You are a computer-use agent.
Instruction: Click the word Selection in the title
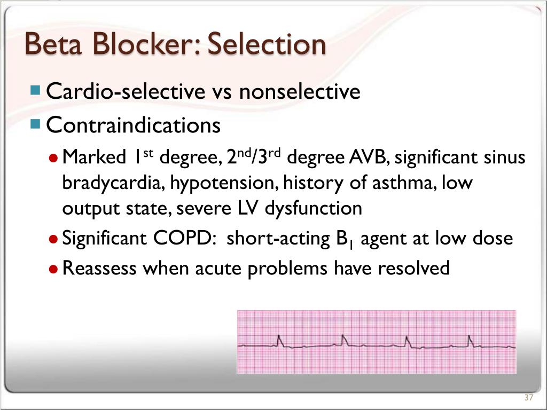[266, 44]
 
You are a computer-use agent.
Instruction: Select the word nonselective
[300, 92]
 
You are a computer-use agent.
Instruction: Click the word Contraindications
[134, 125]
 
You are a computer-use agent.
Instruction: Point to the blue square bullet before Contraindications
[36, 124]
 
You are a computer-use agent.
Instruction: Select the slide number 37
[529, 398]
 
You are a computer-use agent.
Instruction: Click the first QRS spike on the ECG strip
[279, 341]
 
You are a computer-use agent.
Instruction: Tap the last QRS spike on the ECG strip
[470, 340]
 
